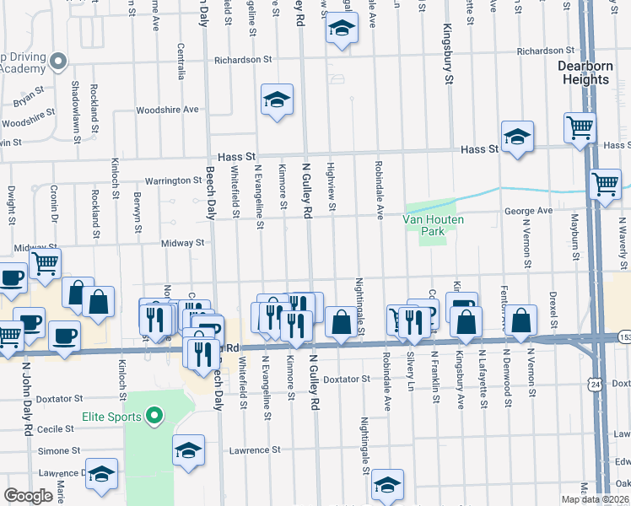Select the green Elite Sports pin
pos(154,416)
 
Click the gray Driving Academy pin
pos(57,61)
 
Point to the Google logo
pos(29,496)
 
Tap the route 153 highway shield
pos(623,337)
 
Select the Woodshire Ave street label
pos(167,110)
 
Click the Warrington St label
pos(173,180)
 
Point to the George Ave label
pos(528,210)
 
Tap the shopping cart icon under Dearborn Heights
pos(580,128)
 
